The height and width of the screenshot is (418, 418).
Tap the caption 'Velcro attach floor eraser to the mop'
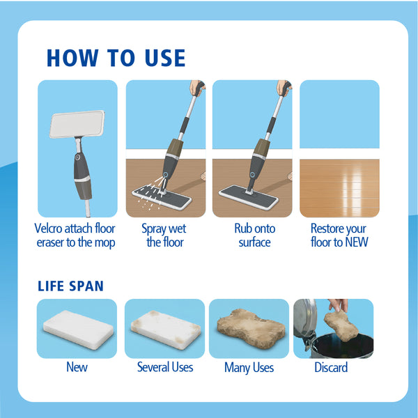(75, 235)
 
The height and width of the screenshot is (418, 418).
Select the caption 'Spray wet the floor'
(164, 235)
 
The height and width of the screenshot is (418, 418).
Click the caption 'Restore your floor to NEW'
(339, 235)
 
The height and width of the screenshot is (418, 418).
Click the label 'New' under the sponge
(77, 367)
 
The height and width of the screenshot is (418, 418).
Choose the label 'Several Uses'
(165, 367)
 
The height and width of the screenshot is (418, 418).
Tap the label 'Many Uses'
(249, 367)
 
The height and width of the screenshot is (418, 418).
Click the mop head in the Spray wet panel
(162, 196)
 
